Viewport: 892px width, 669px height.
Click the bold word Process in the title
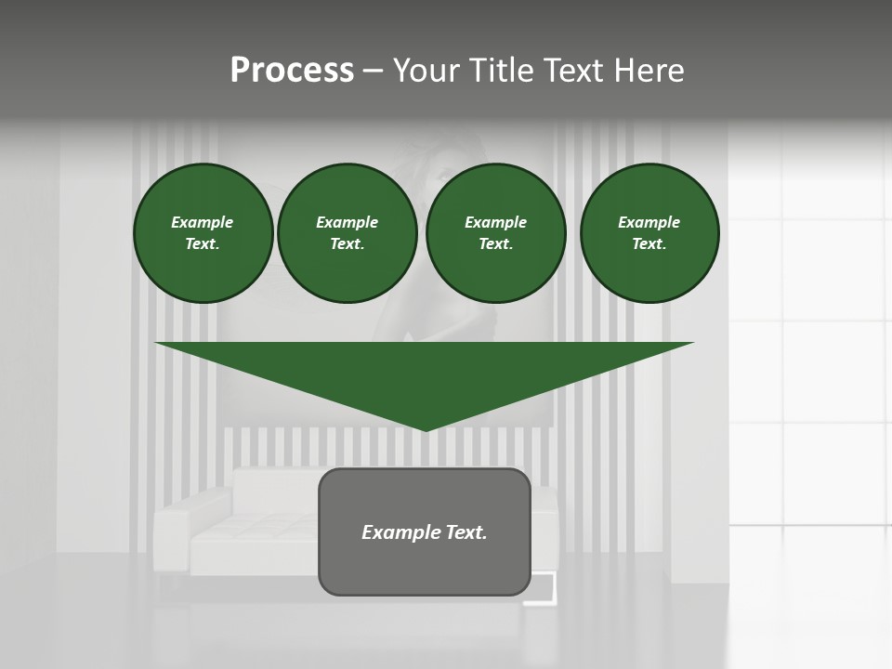(292, 71)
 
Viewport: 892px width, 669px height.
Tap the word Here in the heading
(649, 71)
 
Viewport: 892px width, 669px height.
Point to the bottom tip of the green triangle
(426, 429)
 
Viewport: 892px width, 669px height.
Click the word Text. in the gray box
(466, 532)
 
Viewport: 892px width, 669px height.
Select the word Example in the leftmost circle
(203, 222)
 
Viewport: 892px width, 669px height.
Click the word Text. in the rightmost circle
(649, 243)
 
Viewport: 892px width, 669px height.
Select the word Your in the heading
(424, 71)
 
